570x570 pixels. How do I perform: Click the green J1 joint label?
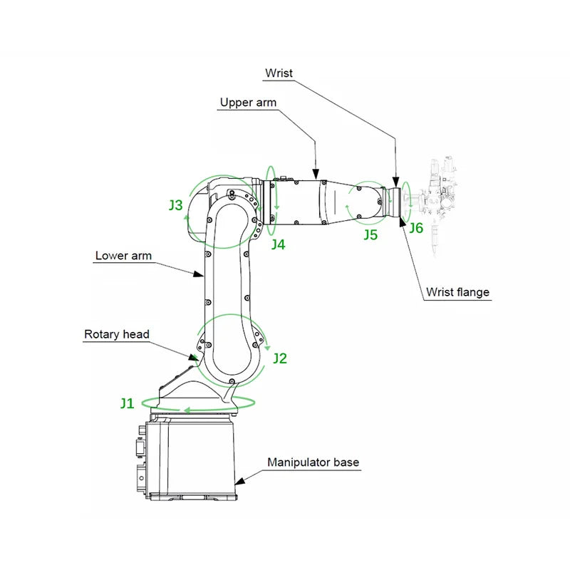point(127,403)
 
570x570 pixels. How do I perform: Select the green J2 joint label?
point(280,358)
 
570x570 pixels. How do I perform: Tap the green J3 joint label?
point(176,205)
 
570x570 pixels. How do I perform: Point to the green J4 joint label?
point(278,244)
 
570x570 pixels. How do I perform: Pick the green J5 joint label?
point(370,234)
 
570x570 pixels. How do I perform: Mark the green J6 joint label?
point(416,228)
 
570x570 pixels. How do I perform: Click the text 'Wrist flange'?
point(457,291)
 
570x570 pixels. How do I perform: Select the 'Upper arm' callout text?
point(248,103)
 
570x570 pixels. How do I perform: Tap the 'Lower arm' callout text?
point(123,256)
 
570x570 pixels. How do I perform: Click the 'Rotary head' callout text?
point(117,334)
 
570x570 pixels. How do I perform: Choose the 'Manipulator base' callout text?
point(313,462)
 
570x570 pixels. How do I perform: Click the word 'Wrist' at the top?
point(279,73)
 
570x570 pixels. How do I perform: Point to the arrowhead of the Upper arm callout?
point(315,173)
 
